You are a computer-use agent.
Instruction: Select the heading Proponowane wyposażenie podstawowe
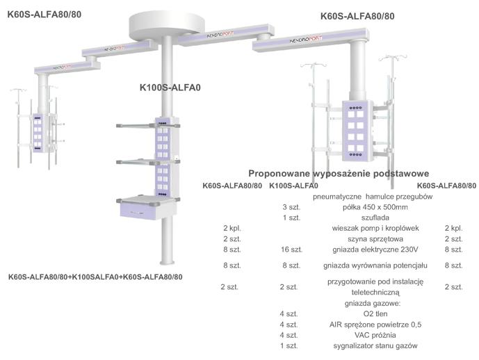coord(338,173)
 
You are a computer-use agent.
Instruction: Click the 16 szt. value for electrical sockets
coord(291,249)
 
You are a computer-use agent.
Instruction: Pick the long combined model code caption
coord(95,277)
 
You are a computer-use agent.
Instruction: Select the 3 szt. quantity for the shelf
coord(291,207)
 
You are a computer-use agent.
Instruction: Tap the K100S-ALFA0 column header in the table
coord(293,186)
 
